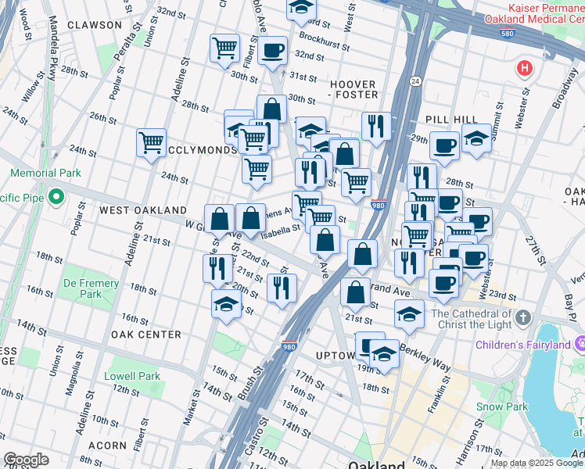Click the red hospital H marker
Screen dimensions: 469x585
point(524,69)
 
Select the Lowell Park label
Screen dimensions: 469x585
point(132,376)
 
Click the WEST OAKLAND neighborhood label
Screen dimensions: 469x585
point(142,210)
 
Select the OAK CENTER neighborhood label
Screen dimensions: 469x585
point(146,335)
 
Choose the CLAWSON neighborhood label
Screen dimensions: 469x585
point(95,25)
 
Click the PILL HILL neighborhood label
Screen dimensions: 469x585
point(451,119)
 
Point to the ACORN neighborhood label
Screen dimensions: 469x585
point(108,445)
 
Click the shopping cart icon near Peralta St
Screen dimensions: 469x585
point(151,142)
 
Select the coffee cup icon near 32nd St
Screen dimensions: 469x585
point(272,52)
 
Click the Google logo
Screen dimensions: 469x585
point(26,460)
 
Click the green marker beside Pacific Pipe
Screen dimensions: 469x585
point(55,197)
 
